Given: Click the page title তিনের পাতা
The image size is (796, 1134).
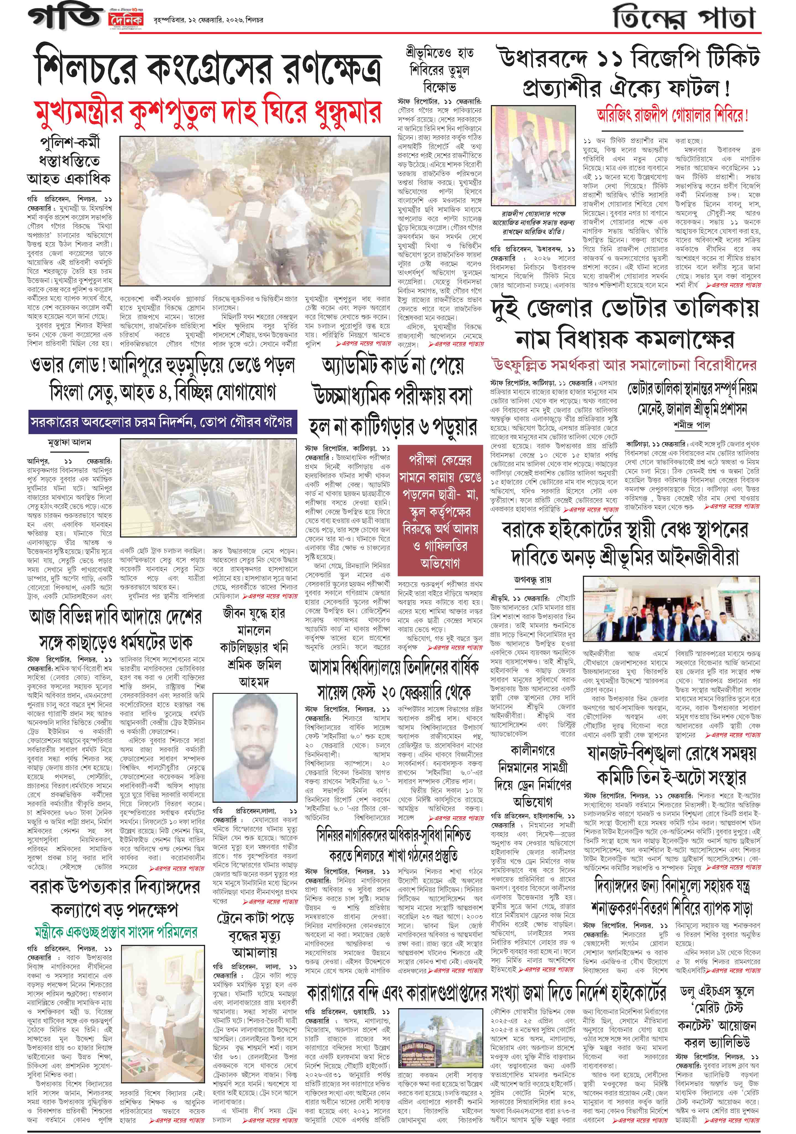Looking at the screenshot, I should (684, 20).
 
